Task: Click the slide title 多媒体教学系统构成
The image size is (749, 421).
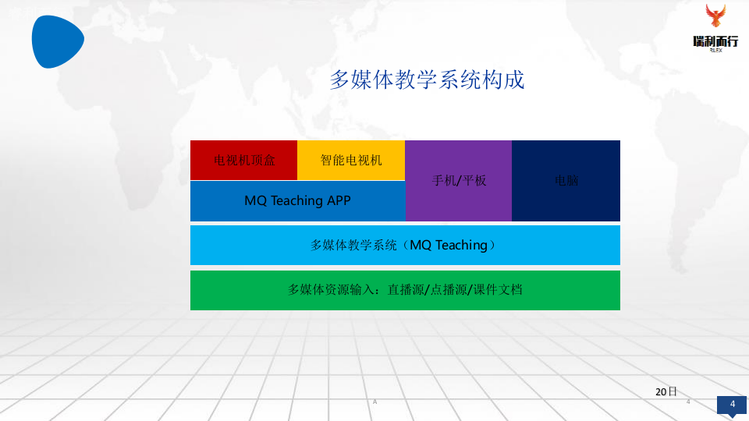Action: pos(427,80)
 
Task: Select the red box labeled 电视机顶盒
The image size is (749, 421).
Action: pos(244,160)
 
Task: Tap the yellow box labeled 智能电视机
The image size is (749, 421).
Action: pos(351,160)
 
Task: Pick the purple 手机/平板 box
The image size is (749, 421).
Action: pos(459,180)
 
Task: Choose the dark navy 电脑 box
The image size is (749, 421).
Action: pos(566,180)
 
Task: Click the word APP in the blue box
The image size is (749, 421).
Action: pos(339,200)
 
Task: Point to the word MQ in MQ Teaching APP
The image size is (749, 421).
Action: pos(255,200)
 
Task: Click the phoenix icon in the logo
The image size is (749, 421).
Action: pos(715,17)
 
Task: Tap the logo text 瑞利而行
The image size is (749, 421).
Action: pos(715,41)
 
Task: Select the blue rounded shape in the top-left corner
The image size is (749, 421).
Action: pos(57,40)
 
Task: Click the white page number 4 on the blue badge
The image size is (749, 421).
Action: pos(732,404)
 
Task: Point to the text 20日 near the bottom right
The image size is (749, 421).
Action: pos(666,391)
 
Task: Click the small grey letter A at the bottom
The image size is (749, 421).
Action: pos(374,402)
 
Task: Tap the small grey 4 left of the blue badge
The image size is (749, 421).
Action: pos(688,402)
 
